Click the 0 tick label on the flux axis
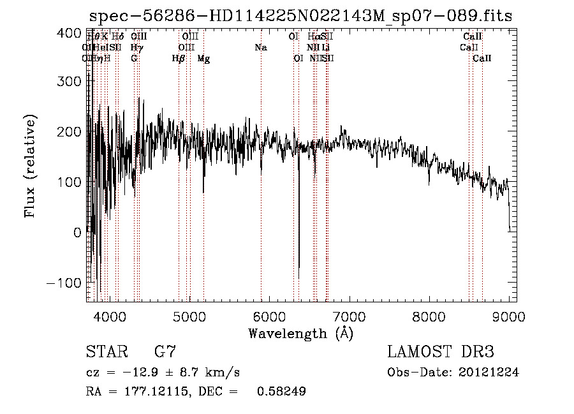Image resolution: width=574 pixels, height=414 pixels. click(77, 232)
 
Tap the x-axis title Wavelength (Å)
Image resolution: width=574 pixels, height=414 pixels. click(300, 332)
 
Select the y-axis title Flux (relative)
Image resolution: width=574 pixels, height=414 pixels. click(31, 166)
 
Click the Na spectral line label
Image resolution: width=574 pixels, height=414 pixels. click(260, 47)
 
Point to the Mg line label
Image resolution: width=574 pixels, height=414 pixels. click(203, 59)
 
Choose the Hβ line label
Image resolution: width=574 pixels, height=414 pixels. click(179, 59)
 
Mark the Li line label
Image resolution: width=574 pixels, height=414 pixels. click(325, 47)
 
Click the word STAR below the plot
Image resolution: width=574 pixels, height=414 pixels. click(105, 351)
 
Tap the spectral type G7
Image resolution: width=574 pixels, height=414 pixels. click(165, 351)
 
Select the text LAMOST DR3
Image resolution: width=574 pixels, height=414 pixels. click(441, 351)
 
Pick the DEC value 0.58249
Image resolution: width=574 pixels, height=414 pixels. click(281, 392)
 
